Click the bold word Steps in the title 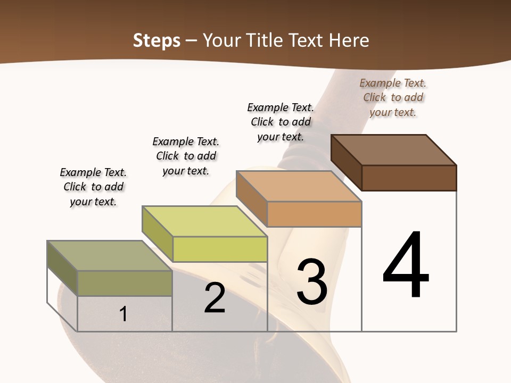tap(156, 40)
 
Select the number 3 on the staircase tap(312, 282)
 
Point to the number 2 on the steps tap(215, 298)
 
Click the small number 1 tap(123, 314)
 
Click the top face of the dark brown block tap(394, 149)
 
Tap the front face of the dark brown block tap(409, 178)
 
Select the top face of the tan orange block tap(298, 186)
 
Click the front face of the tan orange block tap(314, 214)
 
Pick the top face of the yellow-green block tap(205, 221)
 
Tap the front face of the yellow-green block tap(220, 249)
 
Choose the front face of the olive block tap(125, 283)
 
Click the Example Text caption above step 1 tap(93, 187)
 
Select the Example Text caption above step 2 tap(186, 156)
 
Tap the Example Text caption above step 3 tap(281, 122)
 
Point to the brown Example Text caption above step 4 tap(393, 97)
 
